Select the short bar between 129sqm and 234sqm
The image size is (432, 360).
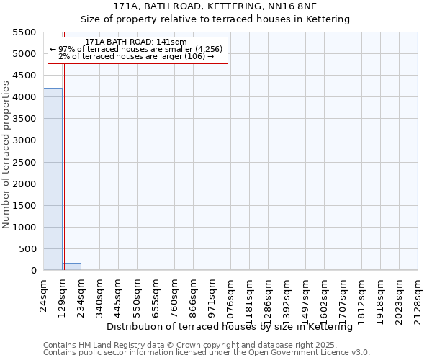[71, 266]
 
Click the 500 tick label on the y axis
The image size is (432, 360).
[28, 249]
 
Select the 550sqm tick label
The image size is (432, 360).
[138, 293]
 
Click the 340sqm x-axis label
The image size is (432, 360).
[100, 293]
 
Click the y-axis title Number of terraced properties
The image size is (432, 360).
[7, 155]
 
